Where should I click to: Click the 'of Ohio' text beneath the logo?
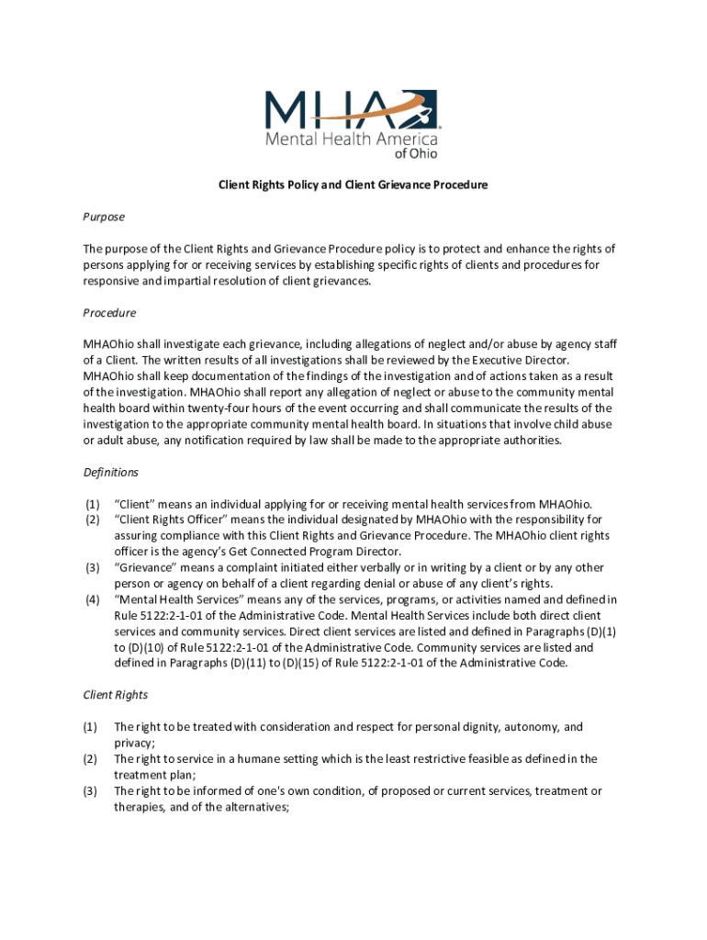pyautogui.click(x=416, y=154)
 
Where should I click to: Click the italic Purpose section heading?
pyautogui.click(x=104, y=217)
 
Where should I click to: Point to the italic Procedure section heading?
pyautogui.click(x=109, y=313)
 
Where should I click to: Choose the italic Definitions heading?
pyautogui.click(x=111, y=472)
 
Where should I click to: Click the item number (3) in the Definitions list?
pyautogui.click(x=92, y=567)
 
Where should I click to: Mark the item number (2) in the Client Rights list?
pyautogui.click(x=92, y=759)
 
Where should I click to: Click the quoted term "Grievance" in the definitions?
pyautogui.click(x=145, y=567)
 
